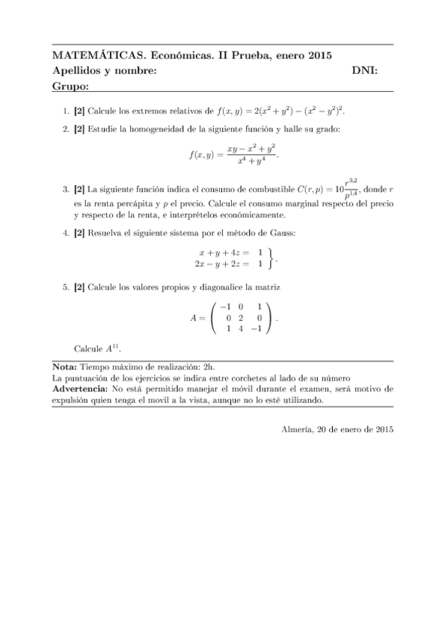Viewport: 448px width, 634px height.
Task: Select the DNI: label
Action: point(365,71)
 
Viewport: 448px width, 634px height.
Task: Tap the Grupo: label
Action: point(71,87)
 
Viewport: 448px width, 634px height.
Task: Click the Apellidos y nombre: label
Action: point(105,71)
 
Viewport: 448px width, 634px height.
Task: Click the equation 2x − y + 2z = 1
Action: point(228,264)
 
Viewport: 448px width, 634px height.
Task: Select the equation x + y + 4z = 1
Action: point(231,253)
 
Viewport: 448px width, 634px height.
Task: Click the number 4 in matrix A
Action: point(240,328)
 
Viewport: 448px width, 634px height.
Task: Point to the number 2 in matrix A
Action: point(240,317)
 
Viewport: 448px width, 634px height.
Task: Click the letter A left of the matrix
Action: point(194,318)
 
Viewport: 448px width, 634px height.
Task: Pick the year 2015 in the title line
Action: point(319,56)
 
